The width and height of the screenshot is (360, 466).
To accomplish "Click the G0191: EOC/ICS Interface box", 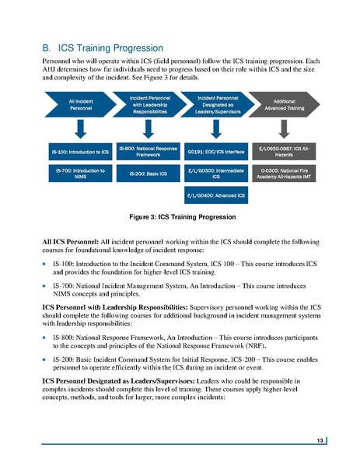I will click(x=217, y=152).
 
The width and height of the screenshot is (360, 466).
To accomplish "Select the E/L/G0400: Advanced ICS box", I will click(x=217, y=194).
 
